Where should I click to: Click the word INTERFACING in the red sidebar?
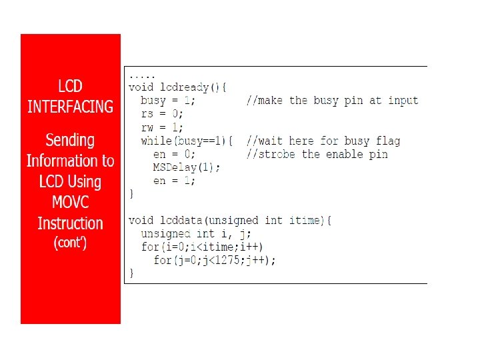pos(70,107)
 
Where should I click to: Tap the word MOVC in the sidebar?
pos(70,202)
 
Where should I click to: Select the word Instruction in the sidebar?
pos(70,223)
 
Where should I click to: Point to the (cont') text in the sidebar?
pos(70,243)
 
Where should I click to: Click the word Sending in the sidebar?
pos(70,141)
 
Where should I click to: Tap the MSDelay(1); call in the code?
pos(186,167)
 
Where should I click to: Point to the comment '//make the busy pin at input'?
pos(332,101)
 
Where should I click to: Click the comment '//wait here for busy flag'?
pos(323,141)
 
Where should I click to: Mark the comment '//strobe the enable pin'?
pos(317,154)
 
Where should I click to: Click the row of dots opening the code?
pos(141,75)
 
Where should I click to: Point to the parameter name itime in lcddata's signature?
pos(307,221)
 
